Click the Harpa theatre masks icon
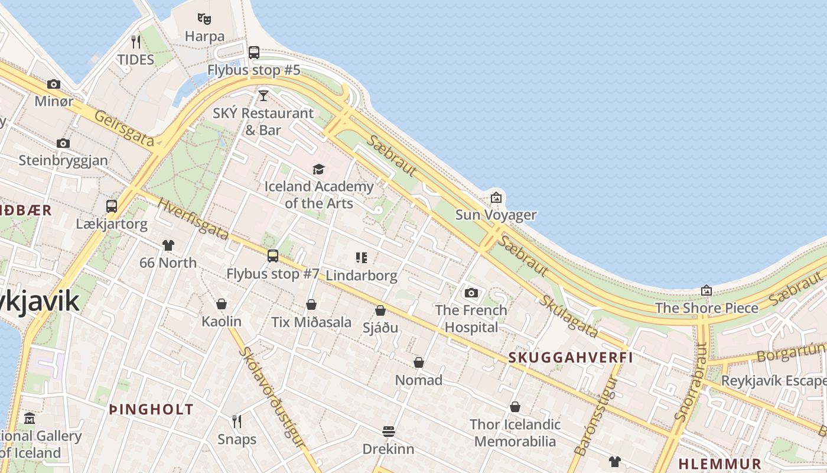204,19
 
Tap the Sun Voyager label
496,215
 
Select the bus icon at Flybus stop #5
254,52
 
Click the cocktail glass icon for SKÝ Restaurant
263,95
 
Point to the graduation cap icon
318,170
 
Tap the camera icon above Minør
54,84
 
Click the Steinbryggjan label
63,160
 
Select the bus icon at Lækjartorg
112,206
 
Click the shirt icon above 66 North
168,245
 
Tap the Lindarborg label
362,275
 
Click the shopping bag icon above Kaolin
222,304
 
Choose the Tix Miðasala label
311,322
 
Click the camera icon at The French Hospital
471,293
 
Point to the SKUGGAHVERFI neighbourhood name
571,357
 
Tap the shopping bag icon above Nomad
419,362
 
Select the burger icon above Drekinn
388,431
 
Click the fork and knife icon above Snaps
237,421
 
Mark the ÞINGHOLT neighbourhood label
151,409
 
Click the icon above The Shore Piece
706,290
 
